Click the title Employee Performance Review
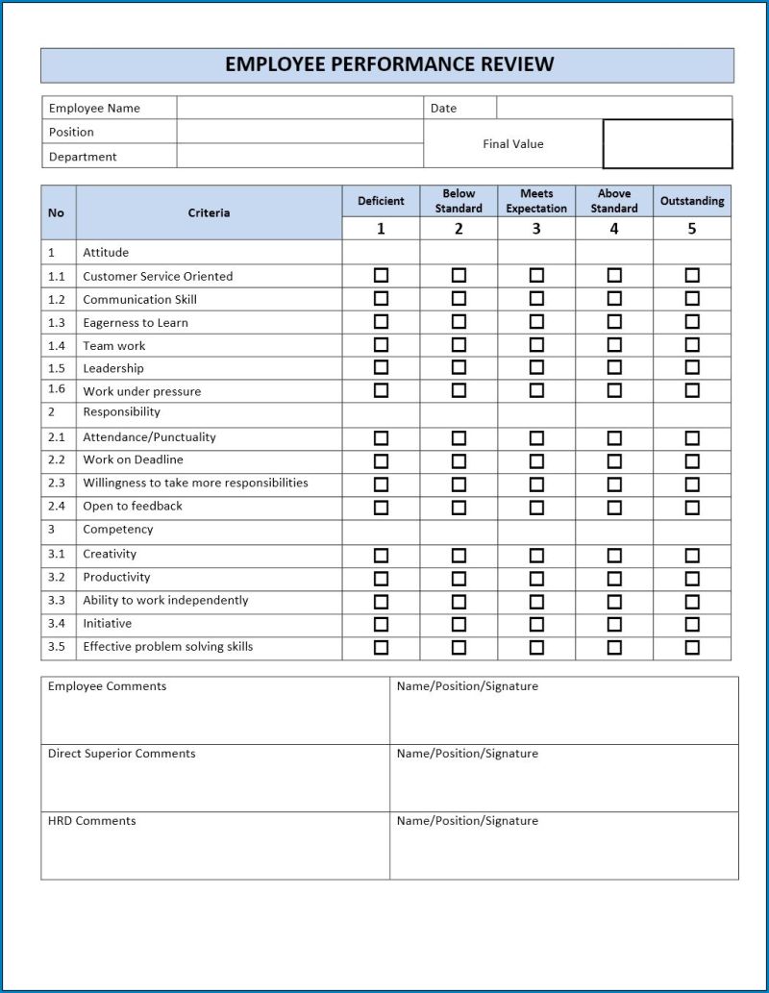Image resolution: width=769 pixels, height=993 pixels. (389, 65)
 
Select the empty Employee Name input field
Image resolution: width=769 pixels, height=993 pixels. (300, 108)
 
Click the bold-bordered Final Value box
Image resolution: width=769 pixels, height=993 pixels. (667, 144)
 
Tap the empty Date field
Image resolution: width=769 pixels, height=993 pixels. (613, 108)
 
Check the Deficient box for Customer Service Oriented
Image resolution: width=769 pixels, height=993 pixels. (381, 275)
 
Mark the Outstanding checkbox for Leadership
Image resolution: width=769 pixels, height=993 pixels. (692, 367)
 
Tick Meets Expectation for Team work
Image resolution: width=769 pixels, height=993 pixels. (536, 344)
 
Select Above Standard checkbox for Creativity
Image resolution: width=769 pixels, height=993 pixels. (614, 555)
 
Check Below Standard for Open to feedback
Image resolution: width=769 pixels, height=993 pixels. (459, 507)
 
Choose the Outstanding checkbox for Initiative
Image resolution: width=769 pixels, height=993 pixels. (692, 624)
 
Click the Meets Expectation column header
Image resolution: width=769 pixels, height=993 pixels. (536, 201)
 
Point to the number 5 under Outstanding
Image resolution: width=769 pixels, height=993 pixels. (692, 229)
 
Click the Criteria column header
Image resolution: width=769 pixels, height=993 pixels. (209, 212)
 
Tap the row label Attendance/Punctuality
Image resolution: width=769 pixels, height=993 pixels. (149, 437)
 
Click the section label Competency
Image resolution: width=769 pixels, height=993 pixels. (118, 530)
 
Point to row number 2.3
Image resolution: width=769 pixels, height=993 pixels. (57, 484)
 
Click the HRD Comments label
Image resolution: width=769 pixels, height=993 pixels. (92, 821)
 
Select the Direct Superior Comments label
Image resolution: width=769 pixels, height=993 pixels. (122, 754)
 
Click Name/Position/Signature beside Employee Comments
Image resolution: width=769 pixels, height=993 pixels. (467, 686)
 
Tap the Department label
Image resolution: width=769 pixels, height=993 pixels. (83, 157)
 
